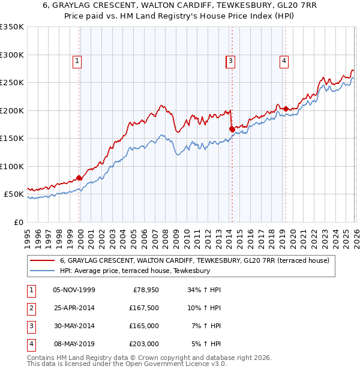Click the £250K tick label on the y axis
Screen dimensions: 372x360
(12, 83)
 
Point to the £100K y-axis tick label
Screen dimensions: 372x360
(12, 166)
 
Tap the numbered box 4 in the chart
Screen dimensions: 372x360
(283, 60)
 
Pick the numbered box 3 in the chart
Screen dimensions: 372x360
(231, 60)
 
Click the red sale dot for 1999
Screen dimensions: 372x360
(79, 178)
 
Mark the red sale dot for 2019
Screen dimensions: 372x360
(286, 109)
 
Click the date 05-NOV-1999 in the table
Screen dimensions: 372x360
(74, 290)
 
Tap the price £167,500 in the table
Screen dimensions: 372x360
(144, 308)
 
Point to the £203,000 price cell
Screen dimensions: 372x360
(144, 344)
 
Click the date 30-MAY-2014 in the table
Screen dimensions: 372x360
(74, 326)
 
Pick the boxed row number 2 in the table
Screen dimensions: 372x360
(29, 308)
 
